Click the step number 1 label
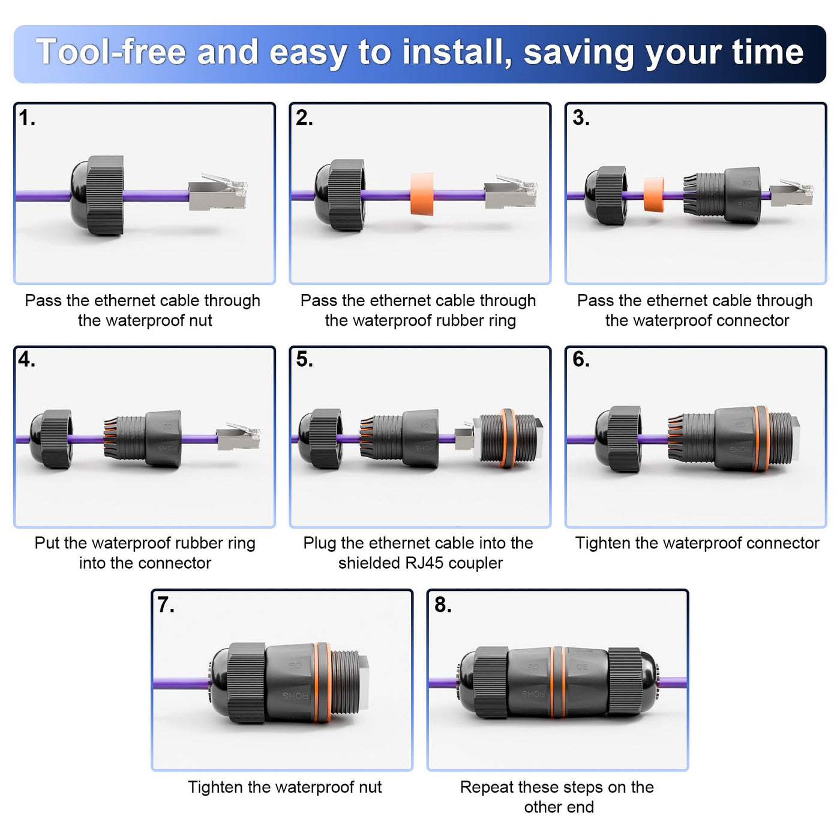point(27,118)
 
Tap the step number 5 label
point(304,360)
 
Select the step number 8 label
point(442,605)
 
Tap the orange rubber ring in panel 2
point(422,194)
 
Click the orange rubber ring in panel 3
point(654,194)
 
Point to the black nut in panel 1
point(97,195)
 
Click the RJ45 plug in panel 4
point(238,436)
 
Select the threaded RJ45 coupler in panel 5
point(508,438)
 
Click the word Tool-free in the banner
point(111,52)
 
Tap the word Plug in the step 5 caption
point(320,544)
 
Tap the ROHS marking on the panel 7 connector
point(295,696)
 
